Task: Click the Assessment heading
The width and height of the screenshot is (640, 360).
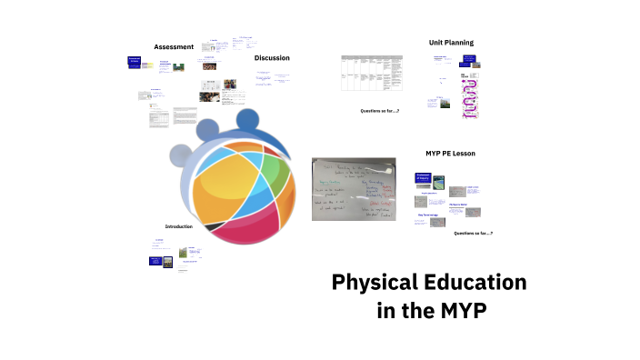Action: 174,46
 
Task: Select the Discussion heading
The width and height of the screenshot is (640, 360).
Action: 272,58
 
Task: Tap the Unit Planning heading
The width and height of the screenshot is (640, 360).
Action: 451,43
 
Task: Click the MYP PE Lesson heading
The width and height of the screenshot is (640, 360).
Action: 450,154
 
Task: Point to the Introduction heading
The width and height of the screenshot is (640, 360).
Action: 179,226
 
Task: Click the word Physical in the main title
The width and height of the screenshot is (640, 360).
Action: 370,282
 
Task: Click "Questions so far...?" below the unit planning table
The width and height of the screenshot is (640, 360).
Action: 380,111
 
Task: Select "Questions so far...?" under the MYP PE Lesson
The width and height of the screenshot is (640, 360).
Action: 474,234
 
